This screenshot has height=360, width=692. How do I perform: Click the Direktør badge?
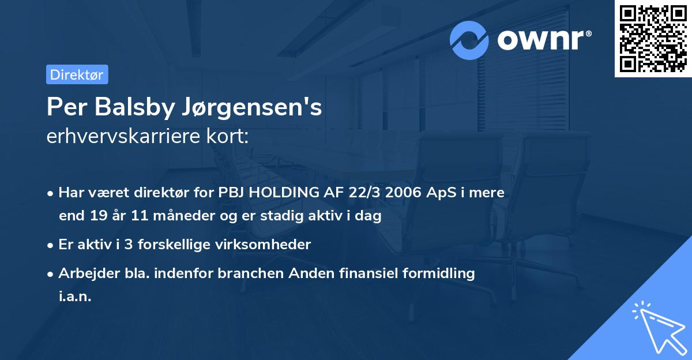tap(77, 74)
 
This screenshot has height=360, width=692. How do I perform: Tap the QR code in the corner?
tap(652, 38)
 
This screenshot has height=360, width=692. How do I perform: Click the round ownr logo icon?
tap(470, 40)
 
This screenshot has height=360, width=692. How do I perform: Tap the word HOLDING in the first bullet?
tap(280, 193)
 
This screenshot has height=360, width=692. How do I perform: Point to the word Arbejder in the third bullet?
tap(84, 273)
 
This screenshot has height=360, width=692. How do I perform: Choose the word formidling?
tap(442, 273)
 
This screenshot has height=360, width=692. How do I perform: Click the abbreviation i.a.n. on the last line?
tap(75, 297)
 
